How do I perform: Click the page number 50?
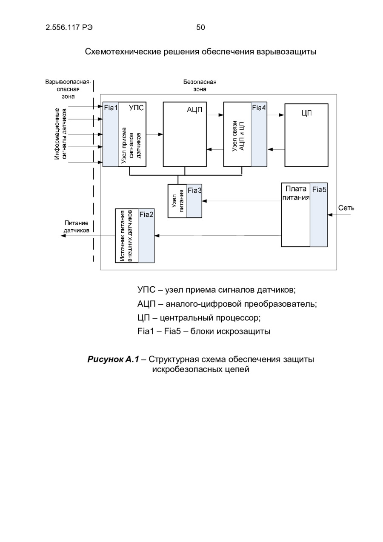coord(200,28)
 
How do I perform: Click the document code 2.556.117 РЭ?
coord(69,28)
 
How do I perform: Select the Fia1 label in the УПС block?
coord(111,108)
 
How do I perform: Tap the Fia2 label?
coord(146,214)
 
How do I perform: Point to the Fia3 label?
coord(194,190)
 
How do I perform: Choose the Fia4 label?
coord(259,108)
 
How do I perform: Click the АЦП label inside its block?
coord(194,109)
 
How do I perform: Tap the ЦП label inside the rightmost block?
coord(306,113)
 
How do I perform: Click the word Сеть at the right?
coord(346,208)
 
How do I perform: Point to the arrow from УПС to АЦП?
coord(154,134)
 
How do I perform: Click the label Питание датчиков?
coord(76,226)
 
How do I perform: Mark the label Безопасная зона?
coord(200,86)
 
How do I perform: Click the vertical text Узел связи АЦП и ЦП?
coord(237,134)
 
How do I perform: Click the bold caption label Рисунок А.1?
coord(113,359)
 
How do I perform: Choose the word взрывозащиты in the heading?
coord(286,52)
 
